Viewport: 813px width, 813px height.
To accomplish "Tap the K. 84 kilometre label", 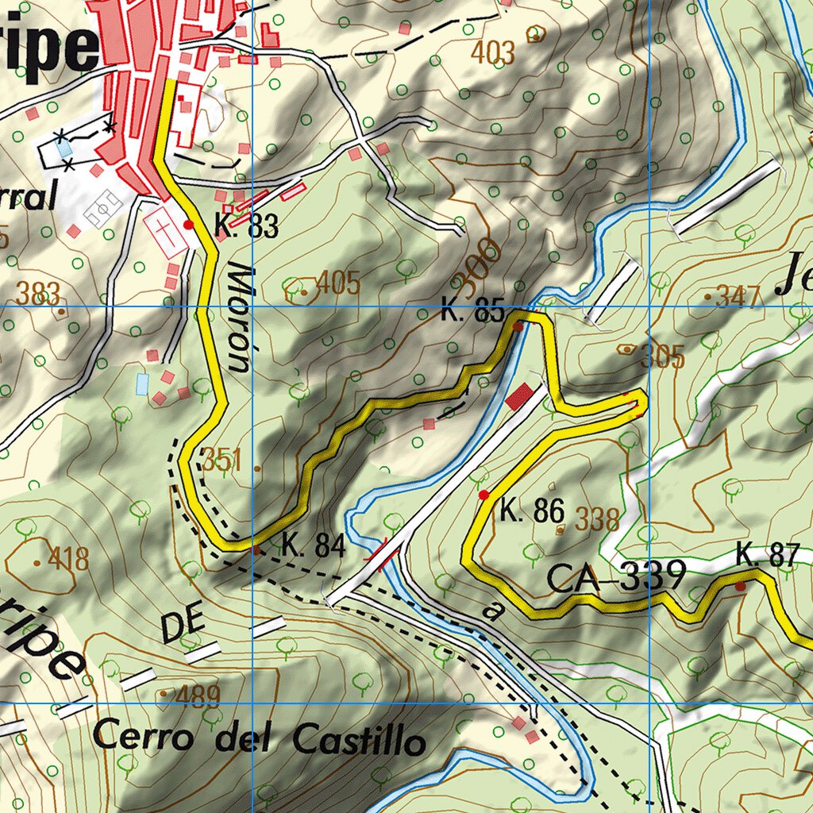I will point(313,546).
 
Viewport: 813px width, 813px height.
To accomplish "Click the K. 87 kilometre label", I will point(766,555).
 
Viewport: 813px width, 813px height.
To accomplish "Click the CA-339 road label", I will point(616,576).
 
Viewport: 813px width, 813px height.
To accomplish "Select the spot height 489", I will point(197,696).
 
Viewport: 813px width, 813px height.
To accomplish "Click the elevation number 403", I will point(492,52).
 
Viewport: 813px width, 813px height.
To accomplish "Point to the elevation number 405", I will point(337,283).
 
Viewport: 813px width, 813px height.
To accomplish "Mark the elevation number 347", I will point(738,297).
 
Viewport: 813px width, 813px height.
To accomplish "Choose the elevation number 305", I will point(663,357).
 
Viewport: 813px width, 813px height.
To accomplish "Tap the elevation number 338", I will point(597,519).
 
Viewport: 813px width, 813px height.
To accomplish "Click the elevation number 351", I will point(222,460).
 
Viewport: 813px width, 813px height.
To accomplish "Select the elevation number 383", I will point(38,295).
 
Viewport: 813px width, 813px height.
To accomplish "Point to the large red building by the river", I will point(519,396).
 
